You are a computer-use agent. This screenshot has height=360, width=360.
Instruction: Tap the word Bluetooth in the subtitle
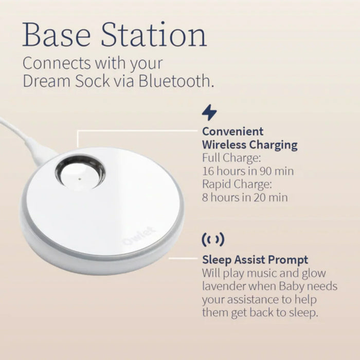pyautogui.click(x=174, y=82)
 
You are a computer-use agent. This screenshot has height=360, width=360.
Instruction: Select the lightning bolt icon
pyautogui.click(x=209, y=112)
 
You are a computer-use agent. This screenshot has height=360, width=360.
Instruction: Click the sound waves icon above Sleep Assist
pyautogui.click(x=212, y=239)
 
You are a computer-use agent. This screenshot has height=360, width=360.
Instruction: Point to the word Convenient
pyautogui.click(x=232, y=131)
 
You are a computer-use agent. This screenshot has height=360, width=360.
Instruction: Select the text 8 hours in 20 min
pyautogui.click(x=245, y=197)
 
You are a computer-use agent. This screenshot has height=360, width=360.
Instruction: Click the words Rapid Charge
pyautogui.click(x=236, y=184)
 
